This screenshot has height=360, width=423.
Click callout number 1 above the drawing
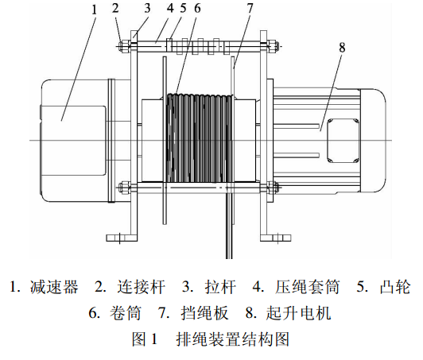(94, 10)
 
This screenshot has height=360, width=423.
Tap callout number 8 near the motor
(342, 48)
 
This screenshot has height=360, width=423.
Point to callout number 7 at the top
(250, 8)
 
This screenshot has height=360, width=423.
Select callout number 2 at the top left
(116, 8)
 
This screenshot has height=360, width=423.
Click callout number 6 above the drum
(198, 8)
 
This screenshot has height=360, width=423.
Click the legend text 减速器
(54, 287)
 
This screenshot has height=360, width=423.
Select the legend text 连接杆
(141, 287)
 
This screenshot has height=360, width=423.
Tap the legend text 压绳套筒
(307, 287)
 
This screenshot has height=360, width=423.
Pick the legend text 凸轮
(395, 287)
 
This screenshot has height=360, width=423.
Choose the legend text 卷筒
(125, 313)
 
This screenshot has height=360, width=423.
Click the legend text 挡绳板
(204, 313)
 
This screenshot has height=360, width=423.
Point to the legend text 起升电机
(298, 313)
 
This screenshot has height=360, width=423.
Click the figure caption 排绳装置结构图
(233, 339)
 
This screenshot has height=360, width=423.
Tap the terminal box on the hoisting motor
(343, 140)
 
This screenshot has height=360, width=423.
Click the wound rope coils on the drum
(199, 137)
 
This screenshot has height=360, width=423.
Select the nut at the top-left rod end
(125, 46)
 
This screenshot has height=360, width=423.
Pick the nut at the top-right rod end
(273, 46)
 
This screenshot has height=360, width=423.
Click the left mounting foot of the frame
(122, 238)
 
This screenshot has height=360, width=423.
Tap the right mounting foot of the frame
(276, 238)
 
